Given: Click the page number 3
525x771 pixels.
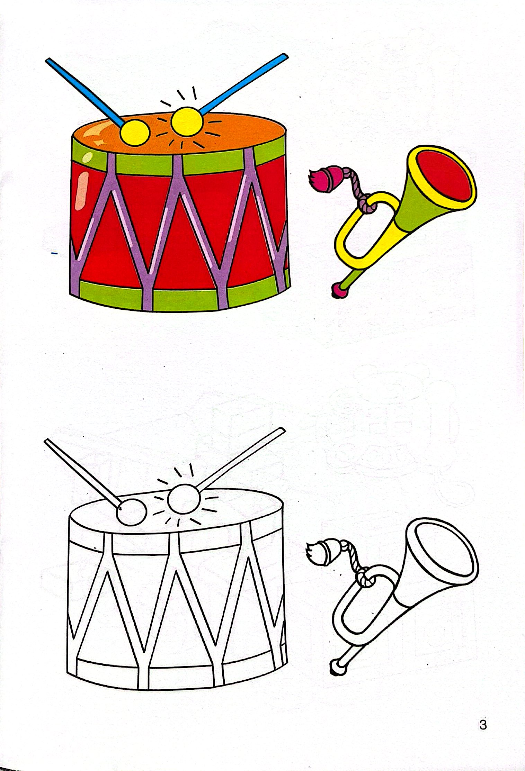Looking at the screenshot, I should (483, 724).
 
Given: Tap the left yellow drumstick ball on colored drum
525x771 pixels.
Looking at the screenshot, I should (135, 132).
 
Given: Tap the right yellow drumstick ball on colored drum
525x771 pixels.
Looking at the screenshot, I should (186, 121).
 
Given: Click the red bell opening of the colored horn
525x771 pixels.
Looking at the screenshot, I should (445, 175).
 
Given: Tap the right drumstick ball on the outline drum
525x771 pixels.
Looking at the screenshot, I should (184, 498).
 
